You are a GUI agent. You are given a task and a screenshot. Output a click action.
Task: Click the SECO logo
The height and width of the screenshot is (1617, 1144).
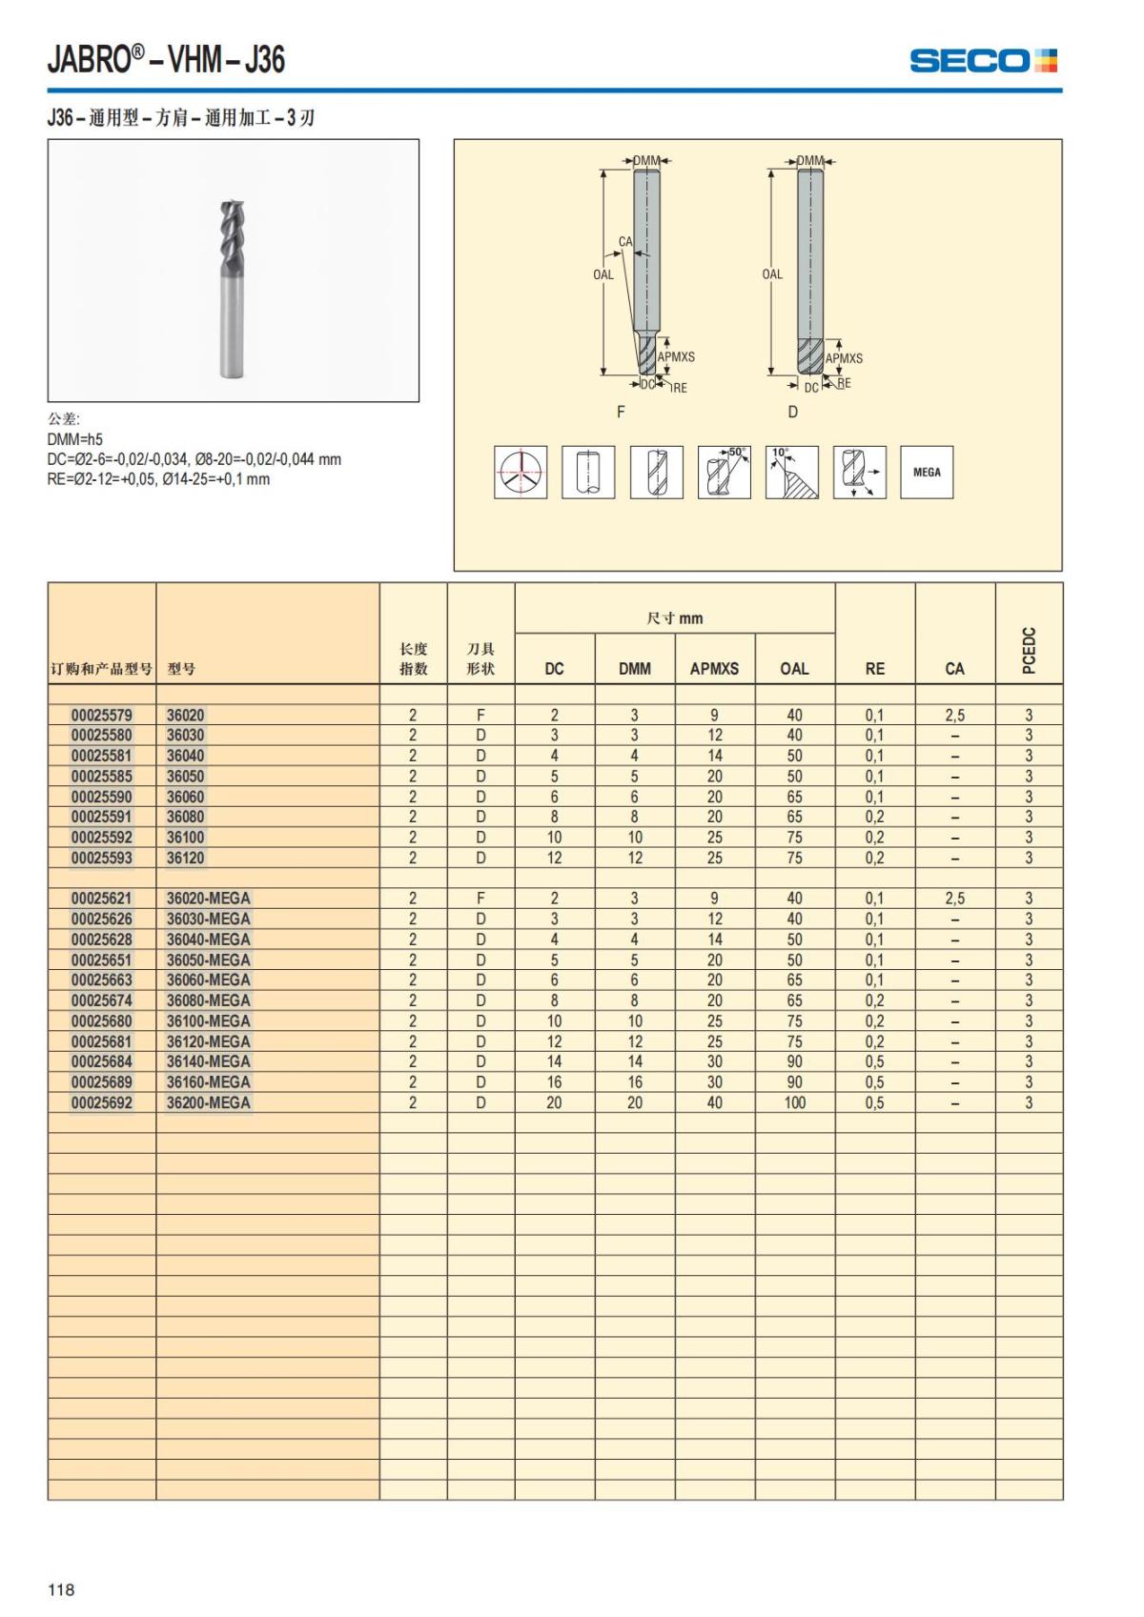tap(983, 61)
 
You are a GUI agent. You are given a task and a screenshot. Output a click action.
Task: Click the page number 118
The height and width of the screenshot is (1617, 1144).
tap(61, 1589)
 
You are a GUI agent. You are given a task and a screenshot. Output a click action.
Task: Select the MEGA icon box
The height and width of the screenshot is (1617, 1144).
tap(927, 472)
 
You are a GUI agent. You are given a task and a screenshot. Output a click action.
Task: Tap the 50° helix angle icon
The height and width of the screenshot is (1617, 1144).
tap(725, 472)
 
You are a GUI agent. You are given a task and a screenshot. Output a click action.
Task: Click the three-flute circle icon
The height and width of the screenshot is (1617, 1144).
tap(521, 472)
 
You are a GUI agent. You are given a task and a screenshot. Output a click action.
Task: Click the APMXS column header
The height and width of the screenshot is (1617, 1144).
tap(714, 669)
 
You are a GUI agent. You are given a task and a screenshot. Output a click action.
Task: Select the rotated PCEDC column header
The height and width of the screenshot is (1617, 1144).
tap(1029, 650)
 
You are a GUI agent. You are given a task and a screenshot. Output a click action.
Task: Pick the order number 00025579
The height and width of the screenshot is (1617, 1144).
tap(102, 716)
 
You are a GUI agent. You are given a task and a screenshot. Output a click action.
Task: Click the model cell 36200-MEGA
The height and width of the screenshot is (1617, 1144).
tap(209, 1102)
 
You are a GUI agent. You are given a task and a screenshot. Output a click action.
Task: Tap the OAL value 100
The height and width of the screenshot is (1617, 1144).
tap(794, 1102)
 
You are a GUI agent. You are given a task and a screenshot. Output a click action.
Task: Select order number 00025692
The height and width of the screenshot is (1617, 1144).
tap(102, 1102)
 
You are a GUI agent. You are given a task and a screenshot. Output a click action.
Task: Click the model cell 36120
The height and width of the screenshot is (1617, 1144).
tap(186, 858)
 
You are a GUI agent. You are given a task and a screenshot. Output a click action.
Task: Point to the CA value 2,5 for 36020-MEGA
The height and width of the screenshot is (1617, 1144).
tap(954, 899)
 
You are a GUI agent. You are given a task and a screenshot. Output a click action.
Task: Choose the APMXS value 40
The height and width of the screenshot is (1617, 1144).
tap(714, 1102)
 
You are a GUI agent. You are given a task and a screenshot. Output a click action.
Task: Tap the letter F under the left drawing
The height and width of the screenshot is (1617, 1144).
tap(622, 412)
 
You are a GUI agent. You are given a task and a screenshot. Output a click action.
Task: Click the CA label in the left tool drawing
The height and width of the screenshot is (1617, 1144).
tap(625, 242)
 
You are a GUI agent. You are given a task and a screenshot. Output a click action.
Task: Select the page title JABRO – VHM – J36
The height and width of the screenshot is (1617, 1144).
tap(167, 59)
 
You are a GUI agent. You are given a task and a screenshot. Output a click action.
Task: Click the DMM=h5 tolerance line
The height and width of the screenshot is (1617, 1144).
tap(75, 439)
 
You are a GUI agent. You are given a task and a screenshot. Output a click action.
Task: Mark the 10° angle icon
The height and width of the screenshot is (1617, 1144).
tap(792, 472)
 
